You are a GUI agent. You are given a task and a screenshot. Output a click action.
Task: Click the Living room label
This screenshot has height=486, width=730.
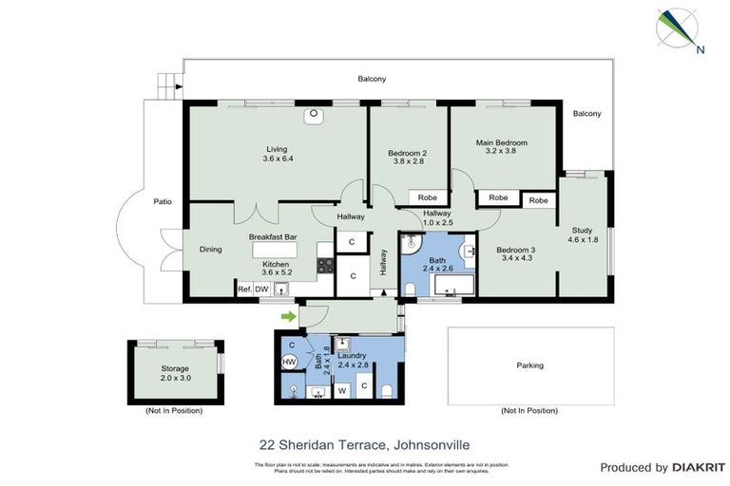point(277,149)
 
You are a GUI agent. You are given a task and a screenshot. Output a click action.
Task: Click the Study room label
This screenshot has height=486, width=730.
point(582,230)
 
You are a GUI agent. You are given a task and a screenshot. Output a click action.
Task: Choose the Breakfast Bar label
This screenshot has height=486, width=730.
point(273,236)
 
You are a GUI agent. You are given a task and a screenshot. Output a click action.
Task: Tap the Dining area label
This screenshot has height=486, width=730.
point(210,250)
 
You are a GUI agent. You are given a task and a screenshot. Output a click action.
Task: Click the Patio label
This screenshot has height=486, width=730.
point(163,201)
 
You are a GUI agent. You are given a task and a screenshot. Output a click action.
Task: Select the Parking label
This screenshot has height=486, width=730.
point(529,364)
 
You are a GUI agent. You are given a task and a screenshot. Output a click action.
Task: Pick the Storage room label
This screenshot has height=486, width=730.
point(174,368)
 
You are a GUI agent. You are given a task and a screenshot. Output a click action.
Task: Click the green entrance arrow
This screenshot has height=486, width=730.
point(288,316)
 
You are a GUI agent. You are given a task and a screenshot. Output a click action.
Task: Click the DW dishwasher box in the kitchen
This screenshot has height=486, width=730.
point(262,289)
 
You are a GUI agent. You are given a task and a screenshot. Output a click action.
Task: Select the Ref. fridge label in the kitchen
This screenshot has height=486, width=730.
point(244,289)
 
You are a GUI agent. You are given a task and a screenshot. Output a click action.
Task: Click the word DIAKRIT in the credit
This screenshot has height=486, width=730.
point(700,467)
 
